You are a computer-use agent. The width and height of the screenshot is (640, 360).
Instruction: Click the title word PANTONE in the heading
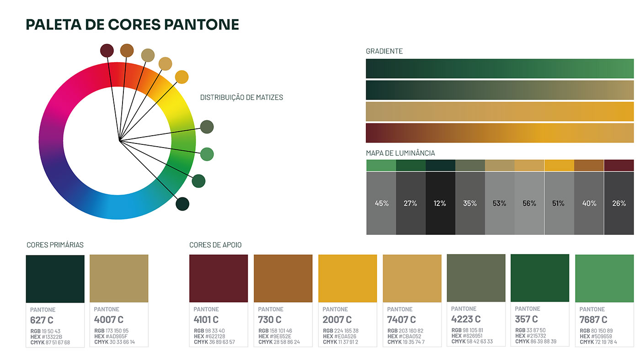click(202, 24)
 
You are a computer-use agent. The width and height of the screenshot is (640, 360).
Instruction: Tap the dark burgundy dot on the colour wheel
click(107, 51)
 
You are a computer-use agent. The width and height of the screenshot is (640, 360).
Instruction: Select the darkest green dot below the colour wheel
click(182, 204)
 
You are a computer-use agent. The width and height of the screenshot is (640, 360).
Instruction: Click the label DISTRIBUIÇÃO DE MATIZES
click(241, 97)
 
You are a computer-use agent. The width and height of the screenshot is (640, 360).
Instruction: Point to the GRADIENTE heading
click(384, 51)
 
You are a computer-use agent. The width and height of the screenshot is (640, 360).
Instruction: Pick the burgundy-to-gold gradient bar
click(500, 133)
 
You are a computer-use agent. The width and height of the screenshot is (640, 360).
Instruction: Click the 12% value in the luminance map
click(440, 203)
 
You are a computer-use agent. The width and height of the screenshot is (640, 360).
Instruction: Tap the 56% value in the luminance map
click(529, 203)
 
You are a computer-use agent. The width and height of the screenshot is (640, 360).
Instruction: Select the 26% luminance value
click(619, 203)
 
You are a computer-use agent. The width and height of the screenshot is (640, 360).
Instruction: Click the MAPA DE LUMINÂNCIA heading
click(400, 153)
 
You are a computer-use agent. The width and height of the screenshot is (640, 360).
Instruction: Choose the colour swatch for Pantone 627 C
click(55, 279)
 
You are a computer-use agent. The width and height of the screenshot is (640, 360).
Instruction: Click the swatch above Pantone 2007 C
click(347, 278)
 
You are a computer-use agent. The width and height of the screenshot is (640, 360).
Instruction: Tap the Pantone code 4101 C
click(206, 319)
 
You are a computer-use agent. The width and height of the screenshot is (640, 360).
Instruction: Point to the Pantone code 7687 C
click(593, 319)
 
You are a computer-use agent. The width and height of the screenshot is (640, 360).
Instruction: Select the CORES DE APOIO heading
click(215, 245)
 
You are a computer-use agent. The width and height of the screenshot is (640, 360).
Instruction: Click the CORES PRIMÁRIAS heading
click(55, 245)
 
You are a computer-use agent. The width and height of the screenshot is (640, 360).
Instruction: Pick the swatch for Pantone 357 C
click(540, 278)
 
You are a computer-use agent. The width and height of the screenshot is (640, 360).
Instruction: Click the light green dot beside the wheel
click(207, 154)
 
